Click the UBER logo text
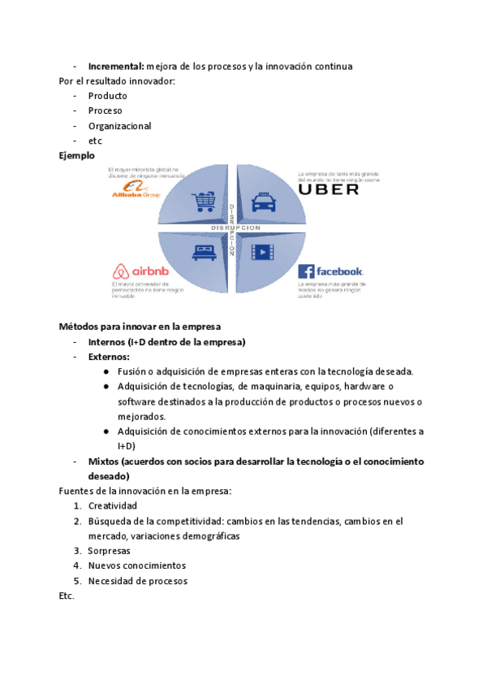click(x=329, y=188)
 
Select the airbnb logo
click(x=139, y=271)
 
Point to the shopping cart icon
click(x=202, y=201)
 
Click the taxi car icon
click(x=263, y=201)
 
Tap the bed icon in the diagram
click(x=202, y=252)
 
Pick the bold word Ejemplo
click(x=77, y=155)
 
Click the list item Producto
click(x=108, y=96)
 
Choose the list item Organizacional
click(x=119, y=126)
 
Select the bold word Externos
click(x=109, y=357)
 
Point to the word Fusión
click(x=132, y=371)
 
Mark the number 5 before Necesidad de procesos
click(x=76, y=581)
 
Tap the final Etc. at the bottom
click(x=67, y=596)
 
